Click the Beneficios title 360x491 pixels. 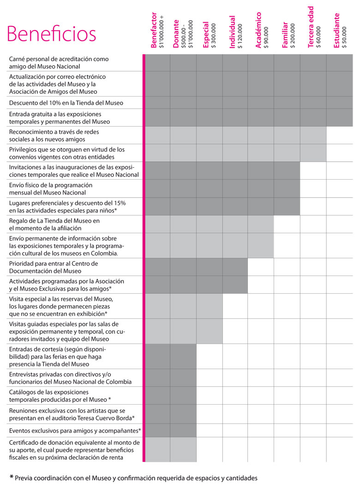(51, 34)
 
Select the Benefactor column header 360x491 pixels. (154, 30)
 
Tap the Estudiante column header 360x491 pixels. (336, 30)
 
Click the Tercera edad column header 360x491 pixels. (311, 27)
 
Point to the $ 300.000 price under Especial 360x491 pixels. (214, 36)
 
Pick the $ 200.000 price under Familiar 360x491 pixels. (293, 36)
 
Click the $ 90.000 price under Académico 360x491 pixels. (266, 37)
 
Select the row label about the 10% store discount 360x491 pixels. (66, 103)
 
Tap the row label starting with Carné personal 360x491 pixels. (59, 63)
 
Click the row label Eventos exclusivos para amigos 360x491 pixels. (75, 430)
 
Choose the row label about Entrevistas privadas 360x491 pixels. (70, 378)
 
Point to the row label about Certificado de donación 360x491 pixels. (74, 450)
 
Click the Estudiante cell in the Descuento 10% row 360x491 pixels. (339, 103)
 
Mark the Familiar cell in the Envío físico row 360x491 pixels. (287, 188)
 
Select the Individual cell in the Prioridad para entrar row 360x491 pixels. (235, 267)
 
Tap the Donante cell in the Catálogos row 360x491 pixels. (183, 395)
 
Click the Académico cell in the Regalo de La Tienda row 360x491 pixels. (261, 224)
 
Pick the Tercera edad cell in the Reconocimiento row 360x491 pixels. (313, 135)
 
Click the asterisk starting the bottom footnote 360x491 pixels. (12, 477)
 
